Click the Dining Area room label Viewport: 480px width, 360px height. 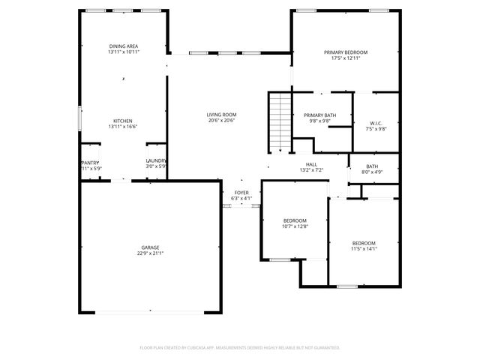pyautogui.click(x=124, y=46)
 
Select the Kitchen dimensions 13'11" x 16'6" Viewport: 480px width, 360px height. pyautogui.click(x=124, y=127)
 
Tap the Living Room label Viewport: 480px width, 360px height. pyautogui.click(x=221, y=115)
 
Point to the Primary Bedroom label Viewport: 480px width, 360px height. pyautogui.click(x=346, y=52)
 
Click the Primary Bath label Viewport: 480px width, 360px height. pyautogui.click(x=319, y=115)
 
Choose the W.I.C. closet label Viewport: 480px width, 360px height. pyautogui.click(x=376, y=122)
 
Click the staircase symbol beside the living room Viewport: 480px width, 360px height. pyautogui.click(x=279, y=122)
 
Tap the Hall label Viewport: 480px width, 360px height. pyautogui.click(x=311, y=164)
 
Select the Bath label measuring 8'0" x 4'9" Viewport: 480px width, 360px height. pyautogui.click(x=373, y=166)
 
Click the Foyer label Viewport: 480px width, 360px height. pyautogui.click(x=241, y=193)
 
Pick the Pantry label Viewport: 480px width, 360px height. pyautogui.click(x=89, y=161)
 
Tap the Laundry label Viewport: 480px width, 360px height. pyautogui.click(x=155, y=160)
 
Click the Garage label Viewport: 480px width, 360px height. pyautogui.click(x=151, y=247)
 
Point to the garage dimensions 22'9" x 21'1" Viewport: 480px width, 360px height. pyautogui.click(x=151, y=253)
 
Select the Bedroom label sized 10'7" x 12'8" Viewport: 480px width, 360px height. pyautogui.click(x=295, y=220)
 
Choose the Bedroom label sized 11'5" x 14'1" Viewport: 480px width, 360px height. pyautogui.click(x=364, y=244)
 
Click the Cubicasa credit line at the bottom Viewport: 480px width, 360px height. pyautogui.click(x=240, y=347)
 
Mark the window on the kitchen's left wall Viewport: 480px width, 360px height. pyautogui.click(x=80, y=120)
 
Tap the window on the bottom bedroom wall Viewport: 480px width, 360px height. pyautogui.click(x=346, y=286)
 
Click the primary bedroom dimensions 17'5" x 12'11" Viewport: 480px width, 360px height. pyautogui.click(x=346, y=58)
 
